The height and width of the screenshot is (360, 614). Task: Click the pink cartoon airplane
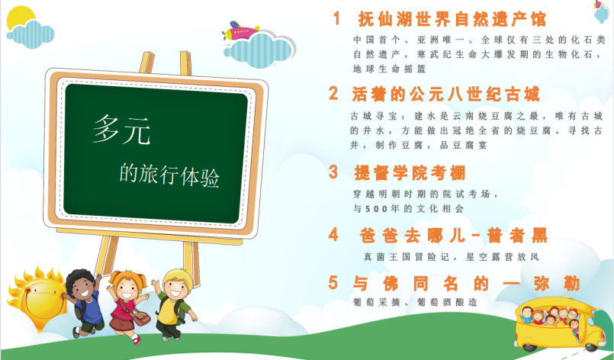click(240, 31)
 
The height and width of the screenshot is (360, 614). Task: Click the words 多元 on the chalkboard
click(121, 130)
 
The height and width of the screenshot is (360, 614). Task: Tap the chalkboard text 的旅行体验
click(169, 175)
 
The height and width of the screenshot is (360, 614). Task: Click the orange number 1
click(336, 18)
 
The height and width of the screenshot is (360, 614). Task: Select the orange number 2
click(333, 93)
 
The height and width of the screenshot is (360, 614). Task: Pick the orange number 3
click(333, 172)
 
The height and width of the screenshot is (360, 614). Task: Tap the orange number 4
click(333, 235)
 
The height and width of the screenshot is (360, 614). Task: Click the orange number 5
click(333, 282)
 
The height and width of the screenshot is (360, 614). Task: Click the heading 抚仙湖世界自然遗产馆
click(452, 19)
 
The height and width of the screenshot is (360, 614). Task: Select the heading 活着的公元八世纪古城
click(445, 94)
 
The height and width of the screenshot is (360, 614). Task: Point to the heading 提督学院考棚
click(410, 172)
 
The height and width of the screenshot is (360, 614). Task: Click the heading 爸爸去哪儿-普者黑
click(454, 236)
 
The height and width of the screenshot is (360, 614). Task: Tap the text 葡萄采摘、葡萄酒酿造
click(415, 302)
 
